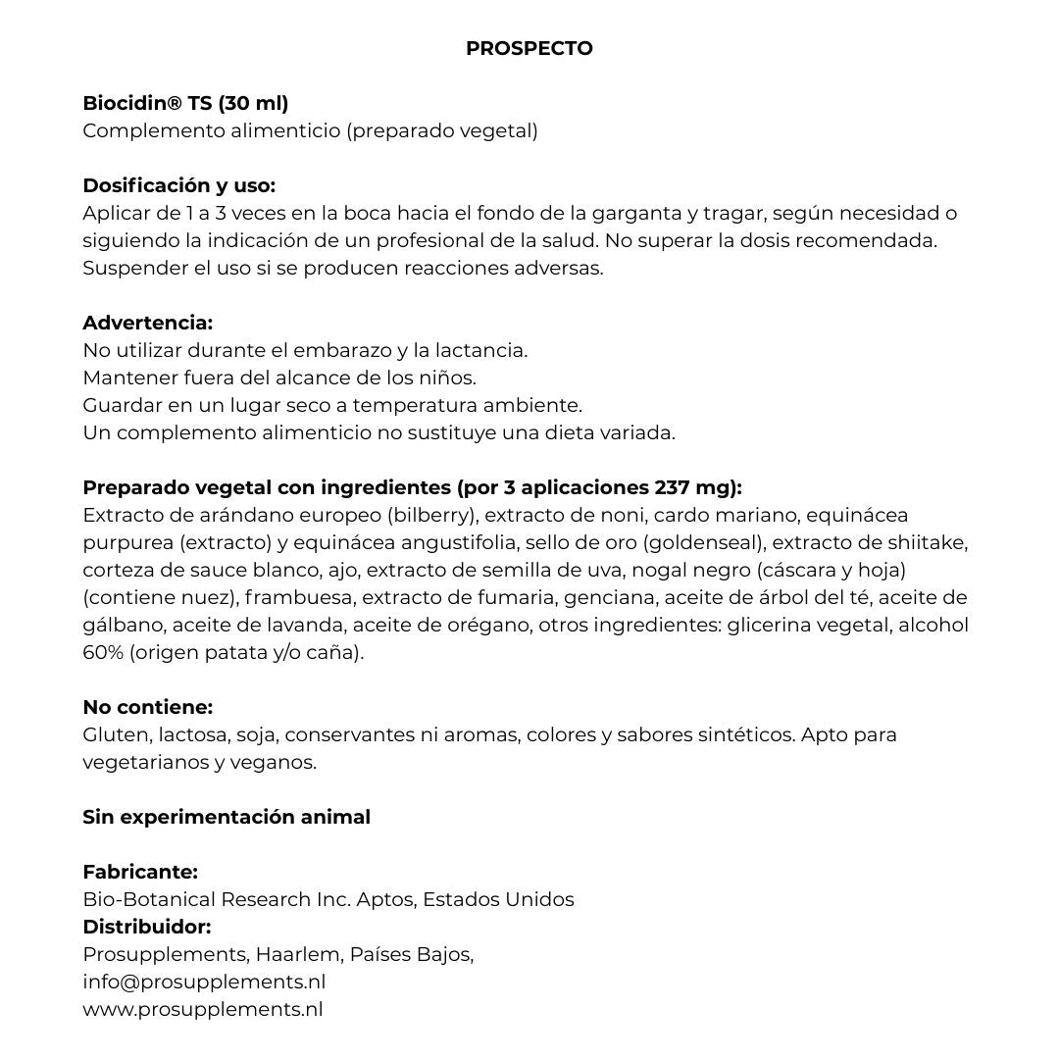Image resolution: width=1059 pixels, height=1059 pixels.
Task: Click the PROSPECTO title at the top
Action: pos(529,48)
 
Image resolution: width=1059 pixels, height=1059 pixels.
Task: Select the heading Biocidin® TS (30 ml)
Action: pos(185,103)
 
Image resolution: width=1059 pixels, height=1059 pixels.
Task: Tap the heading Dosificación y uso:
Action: pos(178,185)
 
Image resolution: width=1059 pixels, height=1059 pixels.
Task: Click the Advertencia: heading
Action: pos(147,323)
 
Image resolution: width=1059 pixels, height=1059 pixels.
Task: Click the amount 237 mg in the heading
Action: pos(695,487)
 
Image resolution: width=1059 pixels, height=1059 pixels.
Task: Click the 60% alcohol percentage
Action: pos(103,652)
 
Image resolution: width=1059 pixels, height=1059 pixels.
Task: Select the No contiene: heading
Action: pos(147,707)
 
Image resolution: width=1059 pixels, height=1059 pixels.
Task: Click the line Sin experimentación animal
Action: pos(227,817)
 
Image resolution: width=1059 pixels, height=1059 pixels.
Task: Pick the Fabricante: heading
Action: pos(140,872)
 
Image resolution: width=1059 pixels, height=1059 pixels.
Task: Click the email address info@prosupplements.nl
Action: pos(204,982)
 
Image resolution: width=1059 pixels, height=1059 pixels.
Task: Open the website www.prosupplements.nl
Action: pos(203,1009)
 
